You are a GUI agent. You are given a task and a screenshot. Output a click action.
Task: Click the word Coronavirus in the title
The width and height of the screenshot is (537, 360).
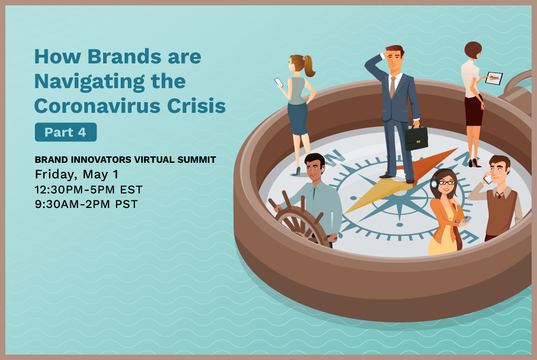click(x=97, y=105)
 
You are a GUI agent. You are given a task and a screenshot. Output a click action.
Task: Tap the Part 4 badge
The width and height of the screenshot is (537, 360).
click(x=66, y=132)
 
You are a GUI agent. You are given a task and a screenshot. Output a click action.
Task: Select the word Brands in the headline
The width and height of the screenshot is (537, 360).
click(x=125, y=56)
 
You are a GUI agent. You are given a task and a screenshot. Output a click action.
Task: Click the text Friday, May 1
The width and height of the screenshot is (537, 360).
click(x=77, y=174)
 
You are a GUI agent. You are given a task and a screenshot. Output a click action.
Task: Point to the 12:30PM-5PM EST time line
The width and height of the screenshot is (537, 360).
click(x=89, y=190)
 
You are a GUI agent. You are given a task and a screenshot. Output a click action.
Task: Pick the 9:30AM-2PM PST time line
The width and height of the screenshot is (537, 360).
click(x=86, y=204)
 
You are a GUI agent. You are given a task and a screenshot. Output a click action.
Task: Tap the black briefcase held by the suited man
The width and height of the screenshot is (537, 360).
click(x=416, y=138)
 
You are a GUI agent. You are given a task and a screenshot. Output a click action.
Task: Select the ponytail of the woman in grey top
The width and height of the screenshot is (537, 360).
click(x=309, y=66)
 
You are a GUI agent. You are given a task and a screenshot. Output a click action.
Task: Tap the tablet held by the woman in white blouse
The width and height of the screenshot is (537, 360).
click(x=494, y=78)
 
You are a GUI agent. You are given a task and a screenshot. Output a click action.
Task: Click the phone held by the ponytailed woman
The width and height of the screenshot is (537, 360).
click(x=279, y=83)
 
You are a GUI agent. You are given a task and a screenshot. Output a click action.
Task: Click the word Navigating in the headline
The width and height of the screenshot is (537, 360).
click(x=89, y=82)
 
